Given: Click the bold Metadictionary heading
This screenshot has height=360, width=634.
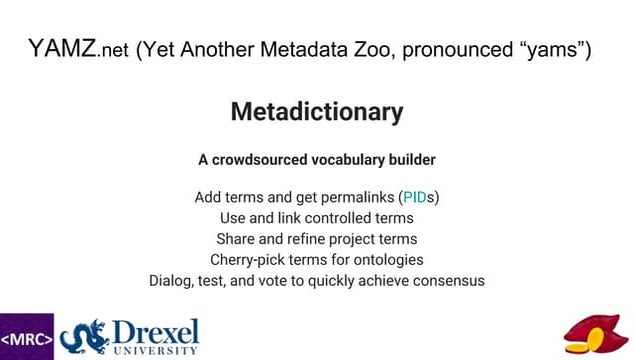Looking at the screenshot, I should [x=317, y=112].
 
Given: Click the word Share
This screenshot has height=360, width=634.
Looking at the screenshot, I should [x=237, y=239].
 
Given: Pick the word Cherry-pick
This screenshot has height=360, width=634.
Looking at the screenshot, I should [x=252, y=260].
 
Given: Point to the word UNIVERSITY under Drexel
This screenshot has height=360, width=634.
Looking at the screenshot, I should [x=156, y=352].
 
